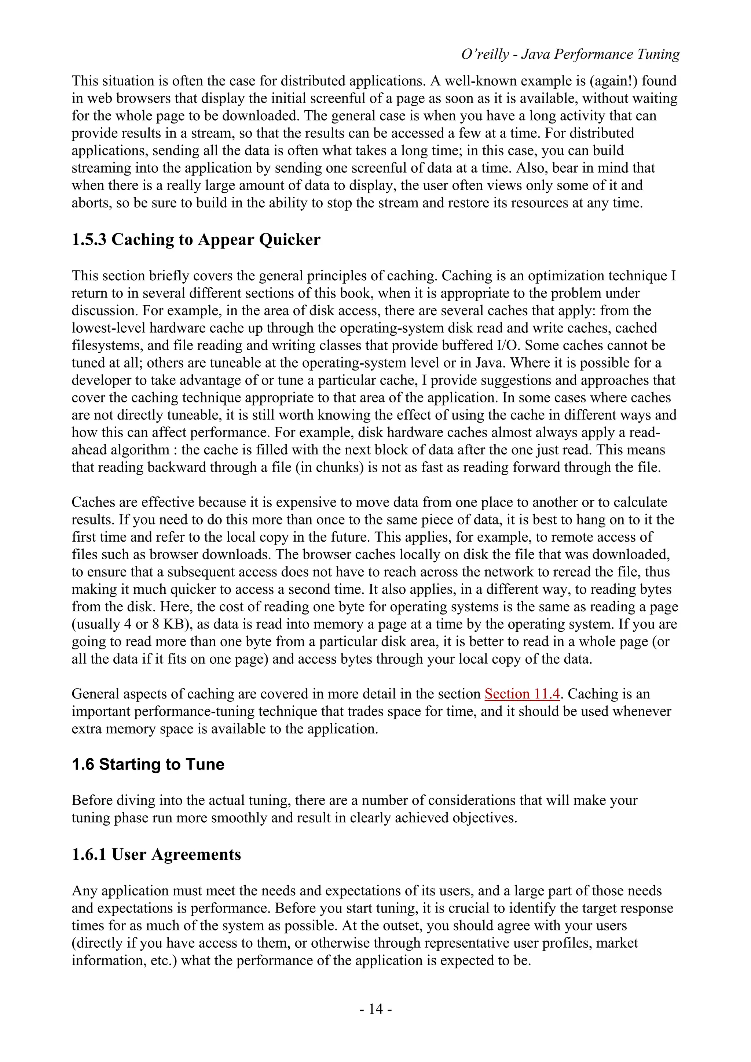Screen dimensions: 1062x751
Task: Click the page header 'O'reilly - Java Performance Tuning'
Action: point(570,55)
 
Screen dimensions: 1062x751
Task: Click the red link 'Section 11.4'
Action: point(522,694)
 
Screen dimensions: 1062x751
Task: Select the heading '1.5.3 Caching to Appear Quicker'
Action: point(196,240)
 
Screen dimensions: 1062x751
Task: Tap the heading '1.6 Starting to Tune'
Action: point(148,764)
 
